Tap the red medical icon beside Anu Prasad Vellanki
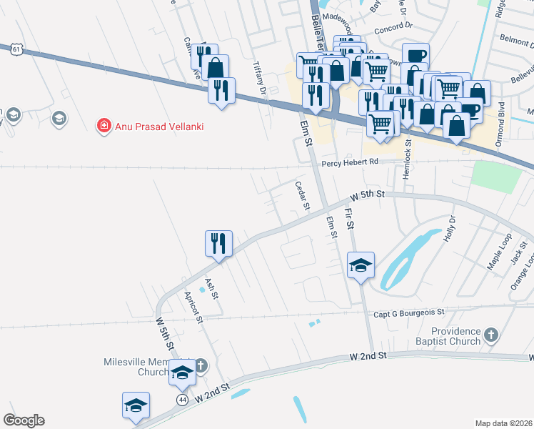(104, 127)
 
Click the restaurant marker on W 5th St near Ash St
(218, 244)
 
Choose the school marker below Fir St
(361, 266)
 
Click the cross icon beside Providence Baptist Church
(490, 334)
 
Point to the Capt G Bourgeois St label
(409, 313)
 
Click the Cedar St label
(302, 195)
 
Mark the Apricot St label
(193, 307)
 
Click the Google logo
(24, 420)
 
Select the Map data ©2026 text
(504, 423)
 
